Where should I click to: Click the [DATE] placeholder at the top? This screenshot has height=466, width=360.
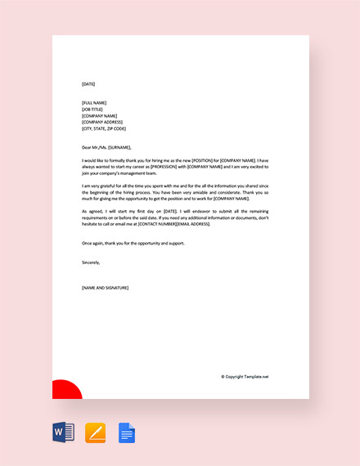[x=88, y=84]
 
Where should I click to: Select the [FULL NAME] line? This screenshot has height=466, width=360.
[x=94, y=102]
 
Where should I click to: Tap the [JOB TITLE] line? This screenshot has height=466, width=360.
[x=93, y=109]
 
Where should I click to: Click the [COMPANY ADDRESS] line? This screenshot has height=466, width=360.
[x=101, y=122]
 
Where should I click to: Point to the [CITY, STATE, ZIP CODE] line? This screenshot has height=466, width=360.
[x=104, y=128]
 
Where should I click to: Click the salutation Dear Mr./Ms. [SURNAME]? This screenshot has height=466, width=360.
[x=106, y=147]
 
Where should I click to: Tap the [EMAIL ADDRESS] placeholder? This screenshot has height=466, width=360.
[x=193, y=224]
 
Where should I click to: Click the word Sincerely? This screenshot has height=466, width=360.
[x=91, y=262]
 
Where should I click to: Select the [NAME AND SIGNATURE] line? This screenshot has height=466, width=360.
[x=105, y=288]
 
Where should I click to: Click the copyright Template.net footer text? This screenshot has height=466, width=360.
[x=245, y=377]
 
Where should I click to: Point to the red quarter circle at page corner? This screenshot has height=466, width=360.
[x=65, y=391]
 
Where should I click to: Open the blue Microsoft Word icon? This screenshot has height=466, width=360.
[x=63, y=432]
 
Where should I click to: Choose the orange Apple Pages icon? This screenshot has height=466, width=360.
[x=96, y=432]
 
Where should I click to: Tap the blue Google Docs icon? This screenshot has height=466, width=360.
[x=127, y=432]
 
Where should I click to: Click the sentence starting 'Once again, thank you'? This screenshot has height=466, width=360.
[x=133, y=243]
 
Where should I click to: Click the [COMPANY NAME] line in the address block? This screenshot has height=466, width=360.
[x=99, y=115]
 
